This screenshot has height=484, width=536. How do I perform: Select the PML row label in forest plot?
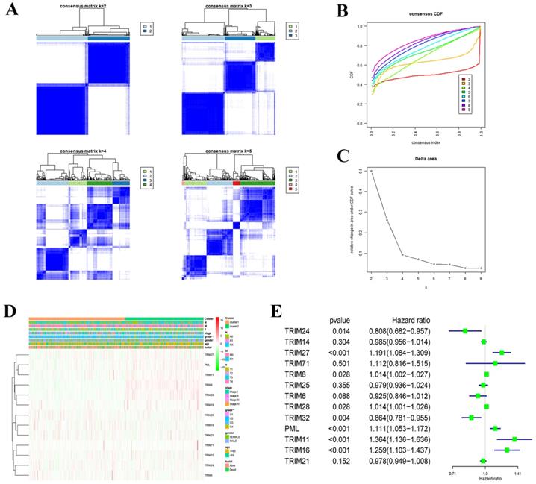pyautogui.click(x=293, y=428)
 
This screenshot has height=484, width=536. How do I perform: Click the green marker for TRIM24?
pyautogui.click(x=465, y=330)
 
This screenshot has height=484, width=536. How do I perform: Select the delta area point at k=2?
pyautogui.click(x=372, y=171)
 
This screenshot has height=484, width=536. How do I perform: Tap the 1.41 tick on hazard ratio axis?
pyautogui.click(x=516, y=473)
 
